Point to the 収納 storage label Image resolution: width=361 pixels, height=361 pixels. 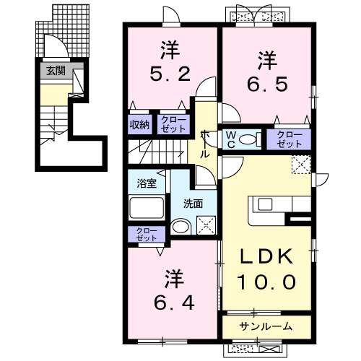tap(140, 124)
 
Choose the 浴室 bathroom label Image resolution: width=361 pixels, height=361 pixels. tap(146, 183)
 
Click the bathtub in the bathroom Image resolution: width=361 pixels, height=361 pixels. tap(146, 210)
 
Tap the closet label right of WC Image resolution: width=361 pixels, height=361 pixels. tap(289, 139)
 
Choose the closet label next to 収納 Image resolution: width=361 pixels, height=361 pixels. tap(172, 124)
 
